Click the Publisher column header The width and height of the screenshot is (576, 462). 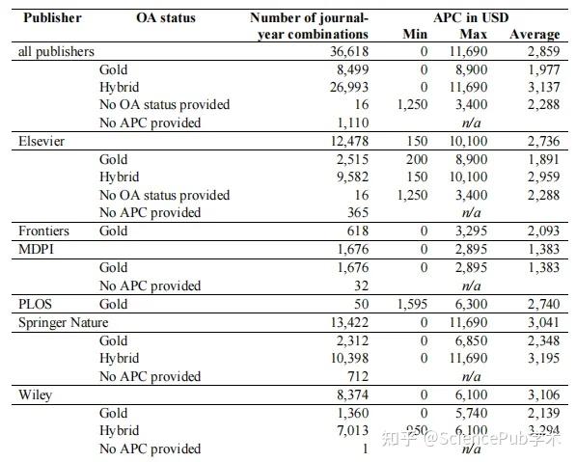coord(53,17)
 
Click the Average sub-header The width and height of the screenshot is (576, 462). coord(535,34)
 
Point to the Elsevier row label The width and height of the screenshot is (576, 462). coord(42,141)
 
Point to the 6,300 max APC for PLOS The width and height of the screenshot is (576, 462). coord(473,303)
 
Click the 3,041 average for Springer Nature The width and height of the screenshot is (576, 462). coord(541,321)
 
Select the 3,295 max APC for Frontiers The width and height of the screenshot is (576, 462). coord(473,231)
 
